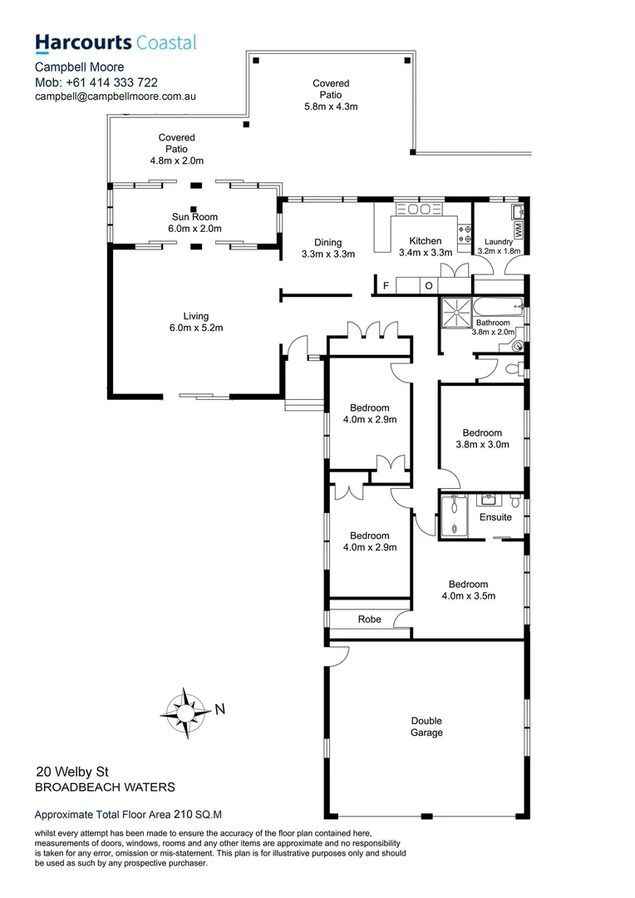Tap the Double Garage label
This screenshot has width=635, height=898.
click(426, 727)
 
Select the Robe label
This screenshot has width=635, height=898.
click(370, 619)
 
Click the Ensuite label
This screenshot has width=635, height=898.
click(495, 517)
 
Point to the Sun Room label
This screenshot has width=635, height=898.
click(196, 217)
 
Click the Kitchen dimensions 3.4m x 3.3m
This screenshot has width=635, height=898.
click(426, 253)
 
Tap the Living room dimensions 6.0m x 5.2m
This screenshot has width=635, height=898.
click(196, 328)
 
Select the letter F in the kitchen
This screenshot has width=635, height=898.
click(386, 287)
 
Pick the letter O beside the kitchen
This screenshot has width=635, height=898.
click(429, 287)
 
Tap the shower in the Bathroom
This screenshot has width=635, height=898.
click(455, 310)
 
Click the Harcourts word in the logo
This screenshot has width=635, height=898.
click(82, 42)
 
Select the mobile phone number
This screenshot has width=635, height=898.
click(115, 82)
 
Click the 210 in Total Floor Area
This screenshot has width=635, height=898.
click(185, 816)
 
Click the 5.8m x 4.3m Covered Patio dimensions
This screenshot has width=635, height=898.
click(331, 106)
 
